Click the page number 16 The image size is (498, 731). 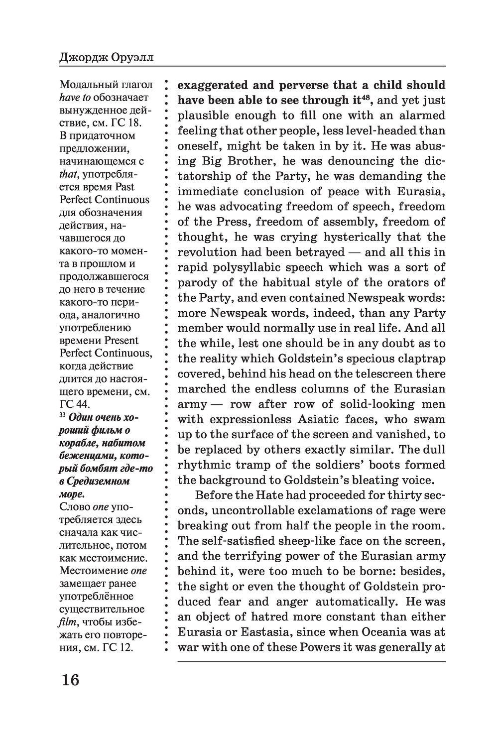tap(70, 679)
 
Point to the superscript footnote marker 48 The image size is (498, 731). tap(368, 97)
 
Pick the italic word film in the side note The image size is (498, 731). tap(68, 622)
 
